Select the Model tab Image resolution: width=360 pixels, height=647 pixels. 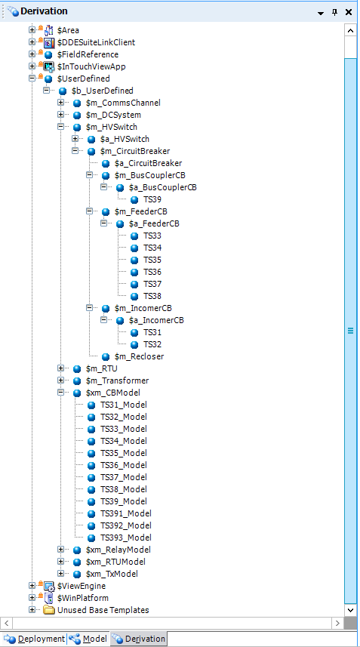(88, 639)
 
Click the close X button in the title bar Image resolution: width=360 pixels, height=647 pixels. (349, 12)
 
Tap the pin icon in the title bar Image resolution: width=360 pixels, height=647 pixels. (334, 12)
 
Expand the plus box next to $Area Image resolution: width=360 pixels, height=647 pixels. (32, 29)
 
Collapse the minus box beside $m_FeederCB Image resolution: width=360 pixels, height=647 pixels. (90, 211)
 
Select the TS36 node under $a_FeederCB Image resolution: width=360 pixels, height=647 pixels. (152, 272)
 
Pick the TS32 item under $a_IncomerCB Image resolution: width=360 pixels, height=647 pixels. (152, 344)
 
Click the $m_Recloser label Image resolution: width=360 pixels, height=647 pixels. (139, 356)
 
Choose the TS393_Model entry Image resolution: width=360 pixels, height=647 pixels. (126, 538)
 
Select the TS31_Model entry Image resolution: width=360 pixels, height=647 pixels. (124, 405)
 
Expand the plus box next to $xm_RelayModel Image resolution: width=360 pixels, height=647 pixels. (60, 549)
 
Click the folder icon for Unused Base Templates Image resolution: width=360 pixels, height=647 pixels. (49, 610)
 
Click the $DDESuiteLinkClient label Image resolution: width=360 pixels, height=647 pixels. (96, 42)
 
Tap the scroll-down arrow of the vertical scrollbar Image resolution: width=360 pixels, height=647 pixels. (350, 609)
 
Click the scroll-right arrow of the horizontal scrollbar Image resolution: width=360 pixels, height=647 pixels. (337, 623)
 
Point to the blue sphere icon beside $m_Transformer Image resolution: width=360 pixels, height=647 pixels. (77, 380)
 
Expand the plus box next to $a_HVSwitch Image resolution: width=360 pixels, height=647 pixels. (75, 139)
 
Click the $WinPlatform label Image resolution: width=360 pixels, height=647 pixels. (83, 598)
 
